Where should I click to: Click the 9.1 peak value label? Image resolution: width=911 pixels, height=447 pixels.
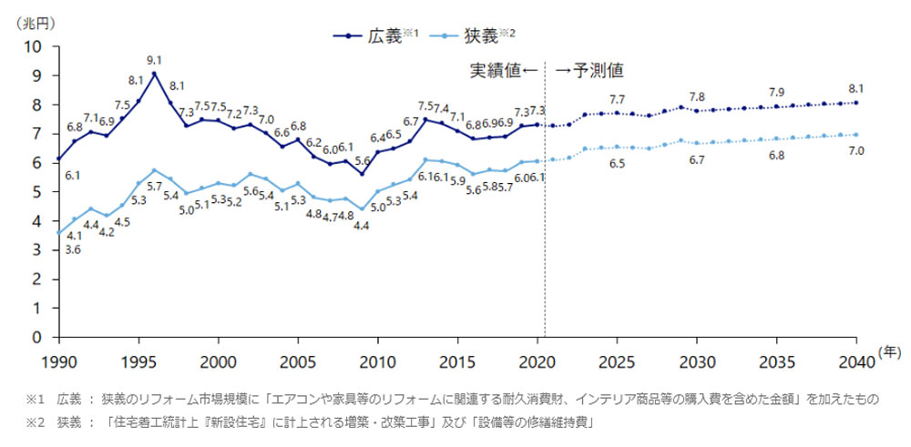click(154, 60)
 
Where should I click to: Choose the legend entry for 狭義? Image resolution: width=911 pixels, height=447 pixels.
click(490, 36)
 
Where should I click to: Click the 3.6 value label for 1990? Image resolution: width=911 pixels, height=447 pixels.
click(72, 249)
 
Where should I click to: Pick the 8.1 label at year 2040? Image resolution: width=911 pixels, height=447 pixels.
click(855, 88)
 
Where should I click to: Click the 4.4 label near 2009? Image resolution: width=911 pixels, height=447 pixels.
click(361, 225)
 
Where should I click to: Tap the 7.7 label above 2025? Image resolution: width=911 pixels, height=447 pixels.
click(617, 99)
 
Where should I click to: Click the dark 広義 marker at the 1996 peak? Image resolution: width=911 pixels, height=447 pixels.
click(154, 74)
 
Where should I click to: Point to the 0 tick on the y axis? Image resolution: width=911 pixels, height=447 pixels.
click(40, 338)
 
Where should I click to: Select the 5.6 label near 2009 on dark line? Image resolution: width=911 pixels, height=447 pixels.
click(362, 159)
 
